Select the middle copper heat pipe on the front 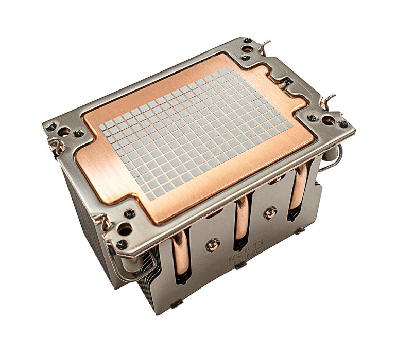point(241,221)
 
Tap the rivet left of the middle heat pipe point(213,245)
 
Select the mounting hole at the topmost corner point(248,49)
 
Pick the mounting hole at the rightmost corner point(328,121)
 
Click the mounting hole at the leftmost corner point(64,131)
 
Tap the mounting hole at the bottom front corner point(124,230)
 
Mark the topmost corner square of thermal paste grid point(230,69)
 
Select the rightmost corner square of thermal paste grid point(286,123)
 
